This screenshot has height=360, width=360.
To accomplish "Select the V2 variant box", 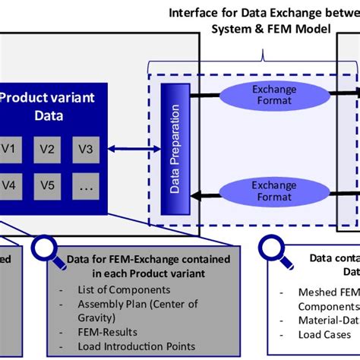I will point(47,149).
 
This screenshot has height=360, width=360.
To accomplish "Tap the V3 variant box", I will point(85,149).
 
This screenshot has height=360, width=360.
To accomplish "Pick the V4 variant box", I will point(10,185).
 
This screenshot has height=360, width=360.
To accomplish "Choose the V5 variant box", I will point(47,185).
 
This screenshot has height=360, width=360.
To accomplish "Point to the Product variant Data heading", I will point(39,106).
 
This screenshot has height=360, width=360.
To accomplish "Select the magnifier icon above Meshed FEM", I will point(270,251).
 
